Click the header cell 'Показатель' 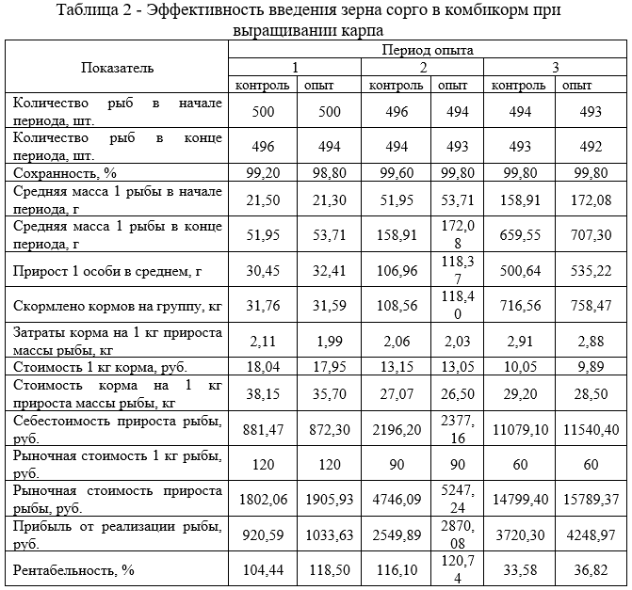(x=118, y=68)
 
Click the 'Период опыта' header (x=428, y=48)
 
